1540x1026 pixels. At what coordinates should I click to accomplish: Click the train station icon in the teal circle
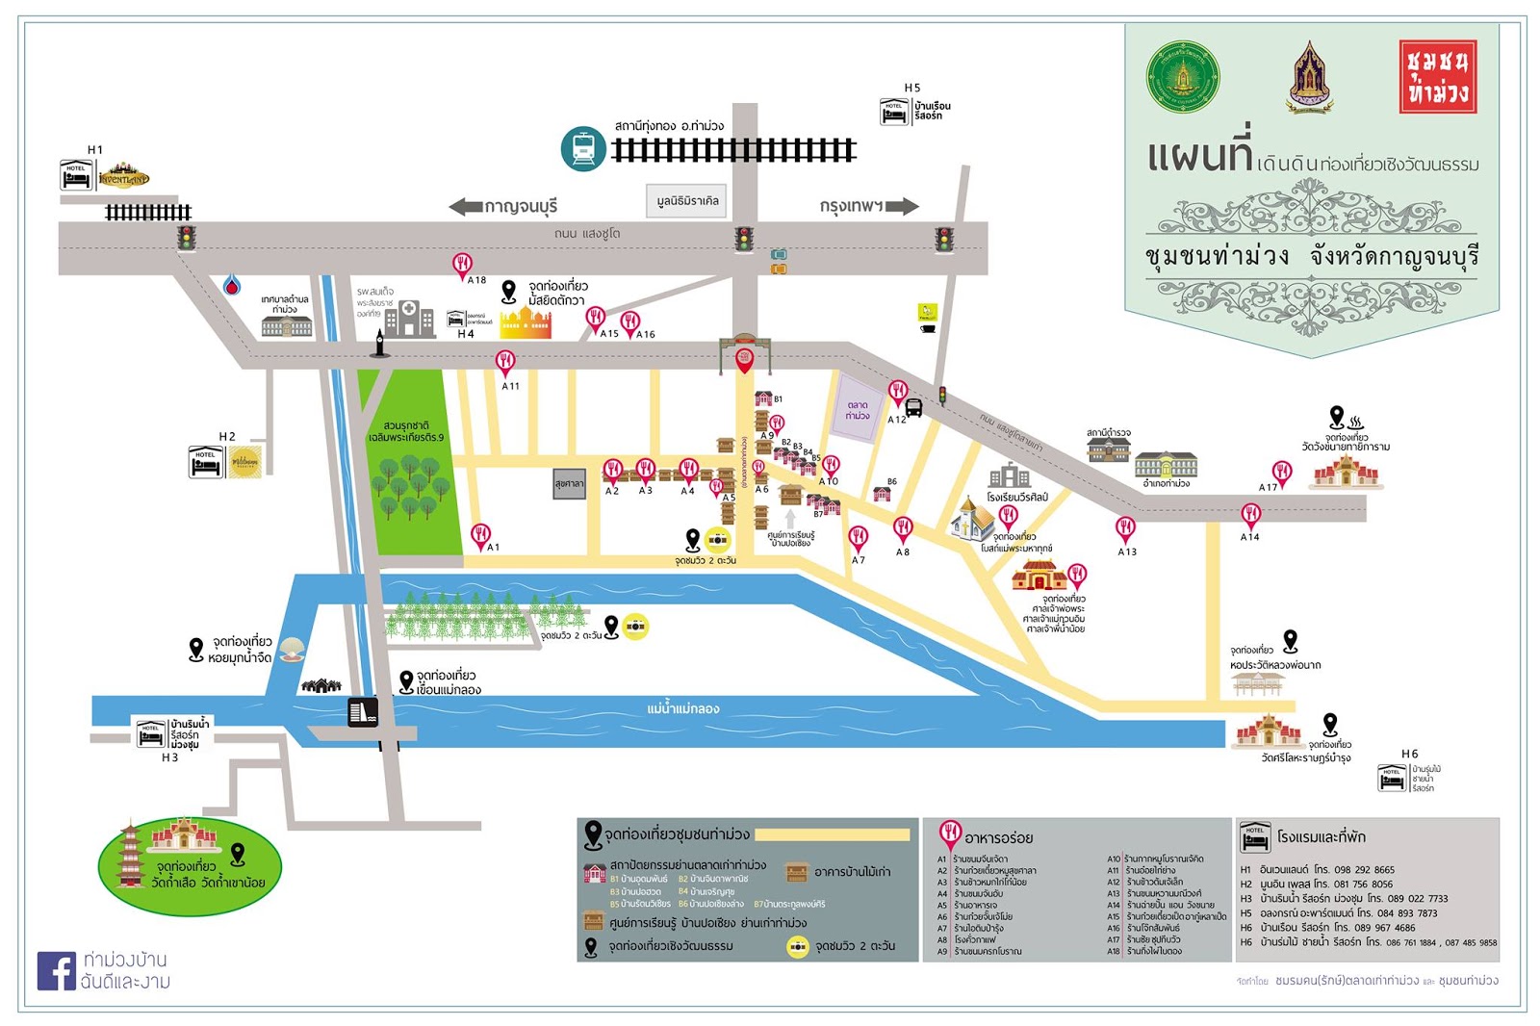pyautogui.click(x=582, y=148)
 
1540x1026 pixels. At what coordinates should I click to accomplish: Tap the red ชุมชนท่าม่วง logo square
pyautogui.click(x=1437, y=77)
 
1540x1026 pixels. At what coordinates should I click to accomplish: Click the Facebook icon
pyautogui.click(x=56, y=971)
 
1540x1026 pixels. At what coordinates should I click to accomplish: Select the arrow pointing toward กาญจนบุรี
pyautogui.click(x=466, y=206)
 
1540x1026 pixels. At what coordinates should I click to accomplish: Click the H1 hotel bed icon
pyautogui.click(x=77, y=177)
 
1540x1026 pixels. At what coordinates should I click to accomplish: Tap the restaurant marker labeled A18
pyautogui.click(x=463, y=265)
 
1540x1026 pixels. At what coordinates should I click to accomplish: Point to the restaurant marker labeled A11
pyautogui.click(x=505, y=362)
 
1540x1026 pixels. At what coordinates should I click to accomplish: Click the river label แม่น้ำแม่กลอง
pyautogui.click(x=683, y=708)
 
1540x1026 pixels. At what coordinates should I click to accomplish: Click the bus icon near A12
pyautogui.click(x=914, y=407)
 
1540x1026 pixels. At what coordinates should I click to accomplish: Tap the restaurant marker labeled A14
pyautogui.click(x=1250, y=515)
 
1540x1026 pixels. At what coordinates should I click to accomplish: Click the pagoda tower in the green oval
pyautogui.click(x=130, y=855)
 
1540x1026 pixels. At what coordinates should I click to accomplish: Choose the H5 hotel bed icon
pyautogui.click(x=894, y=112)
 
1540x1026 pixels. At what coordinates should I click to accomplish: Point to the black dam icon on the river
pyautogui.click(x=363, y=711)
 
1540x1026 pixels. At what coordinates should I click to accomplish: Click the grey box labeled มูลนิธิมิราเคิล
pyautogui.click(x=687, y=200)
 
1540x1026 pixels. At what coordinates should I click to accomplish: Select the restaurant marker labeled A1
pyautogui.click(x=480, y=534)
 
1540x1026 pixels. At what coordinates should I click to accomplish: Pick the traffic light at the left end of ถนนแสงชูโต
pyautogui.click(x=186, y=238)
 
